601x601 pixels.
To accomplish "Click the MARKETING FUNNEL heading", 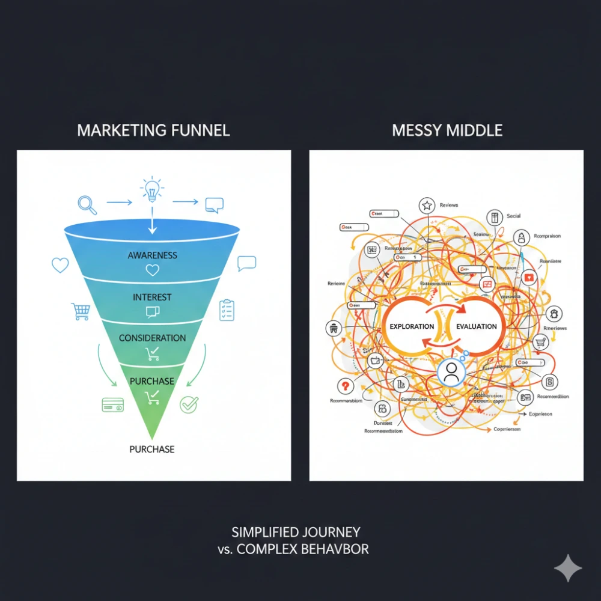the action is [x=153, y=130].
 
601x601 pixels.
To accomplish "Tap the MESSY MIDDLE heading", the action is [x=447, y=130].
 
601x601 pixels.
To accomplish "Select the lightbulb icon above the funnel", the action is [x=152, y=190].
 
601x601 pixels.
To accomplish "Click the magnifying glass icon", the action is [x=88, y=205].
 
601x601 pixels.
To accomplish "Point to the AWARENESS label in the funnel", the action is [x=153, y=255].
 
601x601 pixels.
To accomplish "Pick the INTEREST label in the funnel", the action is [x=153, y=297].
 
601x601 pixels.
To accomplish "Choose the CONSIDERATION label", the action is [x=153, y=338].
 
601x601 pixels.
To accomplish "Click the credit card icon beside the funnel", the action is [x=113, y=404].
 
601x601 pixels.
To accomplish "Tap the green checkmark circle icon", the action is [x=189, y=404].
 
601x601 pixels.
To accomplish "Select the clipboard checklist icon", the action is [x=227, y=310].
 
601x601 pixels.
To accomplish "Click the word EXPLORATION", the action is [x=412, y=326].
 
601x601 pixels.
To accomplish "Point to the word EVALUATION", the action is [x=477, y=326].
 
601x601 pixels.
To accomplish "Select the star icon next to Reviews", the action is [x=427, y=206].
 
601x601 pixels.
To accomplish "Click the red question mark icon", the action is [x=344, y=386].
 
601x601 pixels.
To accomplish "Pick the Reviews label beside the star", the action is [x=448, y=206].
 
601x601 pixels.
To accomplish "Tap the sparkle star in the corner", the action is [x=567, y=568].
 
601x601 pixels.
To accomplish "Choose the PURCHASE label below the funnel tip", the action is [x=153, y=449].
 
